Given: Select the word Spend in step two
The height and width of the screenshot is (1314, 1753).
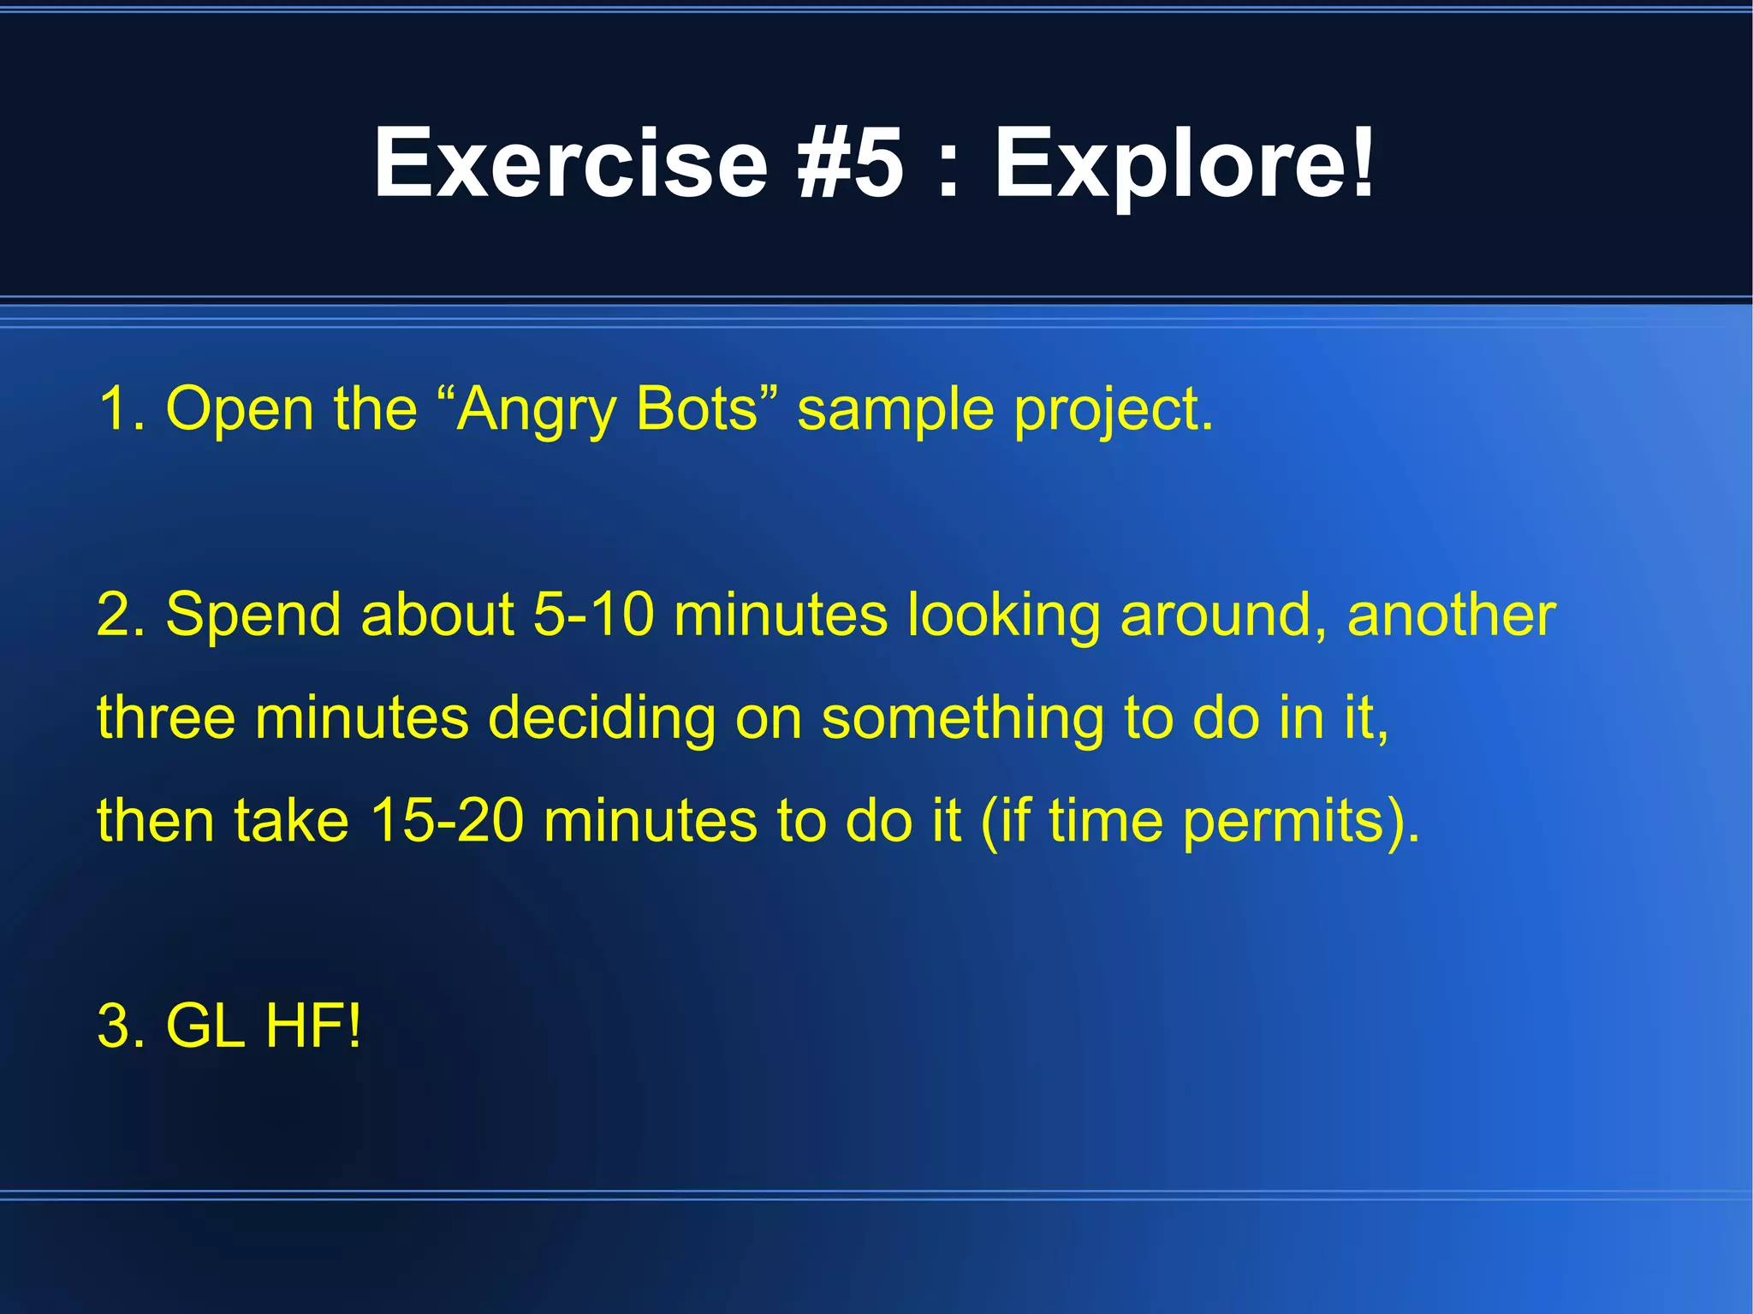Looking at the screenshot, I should (253, 616).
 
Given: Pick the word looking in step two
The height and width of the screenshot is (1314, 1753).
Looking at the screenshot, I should (1004, 616).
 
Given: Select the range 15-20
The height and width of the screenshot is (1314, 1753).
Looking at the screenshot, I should (447, 820).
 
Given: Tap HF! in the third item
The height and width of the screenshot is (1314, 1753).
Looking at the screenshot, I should (313, 1026).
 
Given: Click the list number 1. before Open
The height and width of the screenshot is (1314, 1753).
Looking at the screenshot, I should (122, 409).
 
